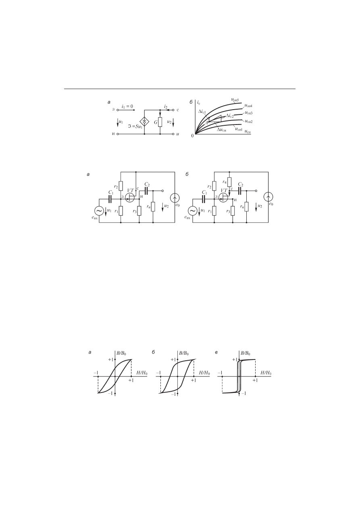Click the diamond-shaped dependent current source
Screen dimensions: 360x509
[x=145, y=122]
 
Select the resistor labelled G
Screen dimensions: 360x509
[x=160, y=122]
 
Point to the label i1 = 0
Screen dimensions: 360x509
[x=127, y=106]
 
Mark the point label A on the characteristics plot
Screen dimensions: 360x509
[x=206, y=123]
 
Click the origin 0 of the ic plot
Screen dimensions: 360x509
[x=192, y=136]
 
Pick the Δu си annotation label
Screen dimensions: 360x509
[x=221, y=130]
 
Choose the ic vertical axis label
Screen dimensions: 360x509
[x=199, y=103]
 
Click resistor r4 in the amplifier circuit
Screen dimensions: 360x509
[x=229, y=182]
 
